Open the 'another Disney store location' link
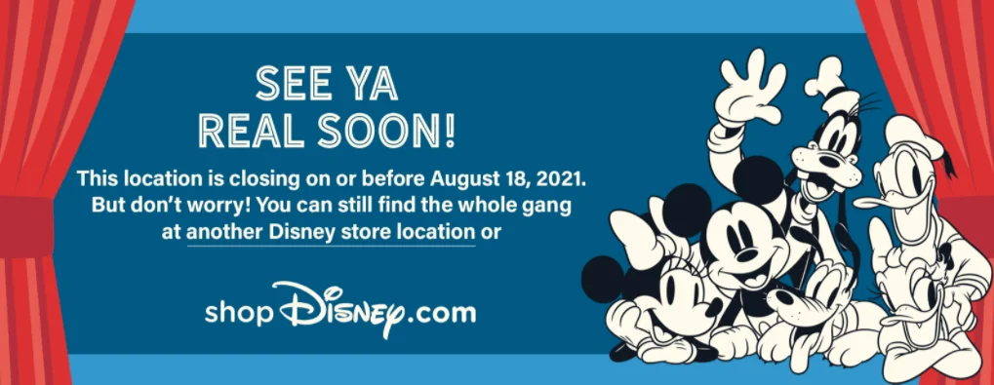[331, 232]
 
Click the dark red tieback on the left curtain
[26, 226]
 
